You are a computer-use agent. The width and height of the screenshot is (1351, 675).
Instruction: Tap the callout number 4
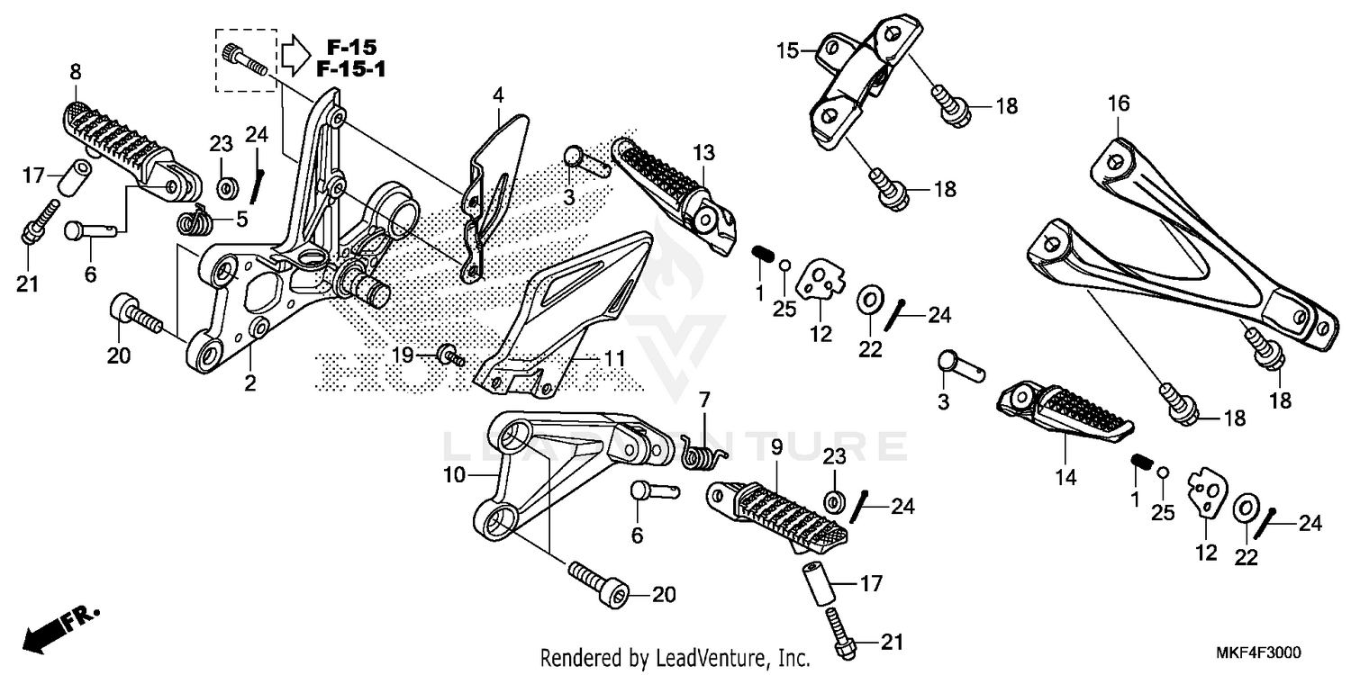coord(498,94)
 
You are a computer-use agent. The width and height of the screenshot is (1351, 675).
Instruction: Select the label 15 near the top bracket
coord(788,51)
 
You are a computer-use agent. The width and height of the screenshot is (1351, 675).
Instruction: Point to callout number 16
coord(1118,104)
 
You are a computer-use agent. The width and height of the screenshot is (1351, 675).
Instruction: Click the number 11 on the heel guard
coord(613,358)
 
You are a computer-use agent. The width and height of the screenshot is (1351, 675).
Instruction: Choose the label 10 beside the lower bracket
coord(453,474)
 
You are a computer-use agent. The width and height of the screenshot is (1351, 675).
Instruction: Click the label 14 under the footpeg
coord(1065,479)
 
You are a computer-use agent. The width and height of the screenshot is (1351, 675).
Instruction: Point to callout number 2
coord(249,383)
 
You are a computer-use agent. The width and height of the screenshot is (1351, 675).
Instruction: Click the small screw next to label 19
coord(449,355)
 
